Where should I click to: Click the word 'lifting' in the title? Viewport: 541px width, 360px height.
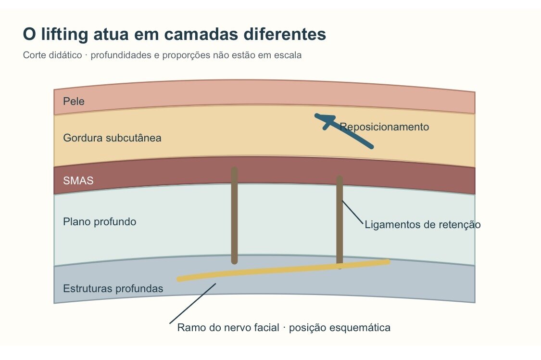(x=64, y=35)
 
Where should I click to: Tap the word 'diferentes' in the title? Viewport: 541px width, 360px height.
(x=285, y=34)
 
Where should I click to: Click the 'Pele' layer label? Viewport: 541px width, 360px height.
(x=74, y=101)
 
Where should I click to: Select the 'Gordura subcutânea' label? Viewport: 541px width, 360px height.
(x=112, y=138)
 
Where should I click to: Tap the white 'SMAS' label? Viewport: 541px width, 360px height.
(x=78, y=180)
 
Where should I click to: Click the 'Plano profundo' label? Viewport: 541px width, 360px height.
(x=100, y=221)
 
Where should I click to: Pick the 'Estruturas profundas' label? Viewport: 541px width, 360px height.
(x=113, y=289)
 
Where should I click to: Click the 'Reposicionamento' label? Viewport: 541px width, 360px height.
(x=384, y=127)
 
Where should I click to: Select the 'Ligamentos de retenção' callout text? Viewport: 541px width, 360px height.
(x=423, y=225)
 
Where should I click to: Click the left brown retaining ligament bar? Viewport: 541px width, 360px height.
(x=235, y=216)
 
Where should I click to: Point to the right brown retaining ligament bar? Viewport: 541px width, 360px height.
(x=340, y=222)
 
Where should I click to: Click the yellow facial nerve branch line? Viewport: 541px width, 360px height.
(x=283, y=270)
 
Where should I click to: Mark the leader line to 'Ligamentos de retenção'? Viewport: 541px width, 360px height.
(x=352, y=212)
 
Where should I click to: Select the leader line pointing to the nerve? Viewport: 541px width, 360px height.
(x=192, y=303)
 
